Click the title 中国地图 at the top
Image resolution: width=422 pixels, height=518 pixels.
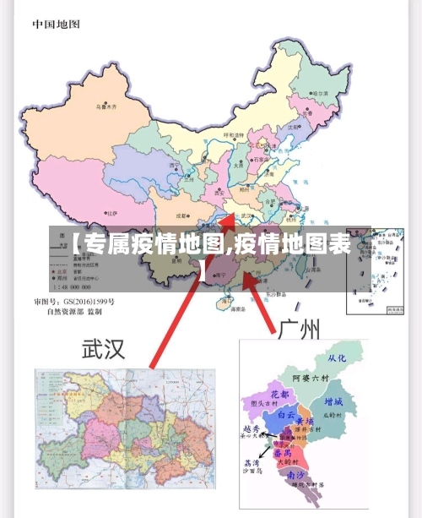57,25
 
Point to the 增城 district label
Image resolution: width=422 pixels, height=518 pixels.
333,401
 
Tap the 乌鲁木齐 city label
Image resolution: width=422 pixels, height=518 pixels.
105,107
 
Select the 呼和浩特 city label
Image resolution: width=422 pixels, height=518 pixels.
233,135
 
